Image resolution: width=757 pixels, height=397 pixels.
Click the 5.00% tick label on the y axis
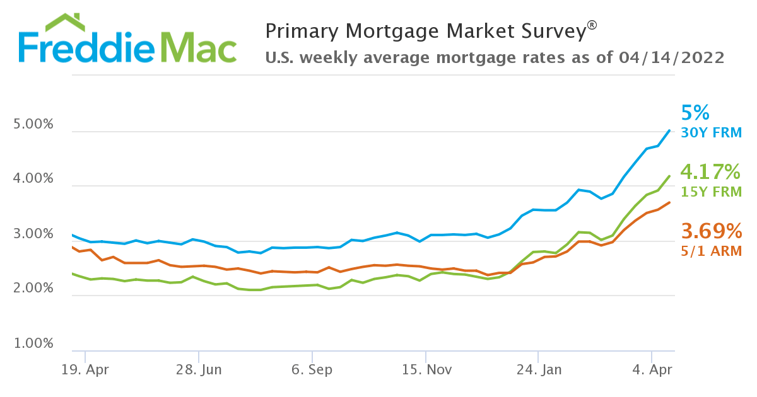pyautogui.click(x=33, y=125)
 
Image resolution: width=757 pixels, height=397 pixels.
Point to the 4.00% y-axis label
pyautogui.click(x=33, y=179)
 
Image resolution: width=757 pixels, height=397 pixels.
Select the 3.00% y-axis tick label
pyautogui.click(x=33, y=234)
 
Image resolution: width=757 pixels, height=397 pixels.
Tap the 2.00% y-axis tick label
pyautogui.click(x=33, y=289)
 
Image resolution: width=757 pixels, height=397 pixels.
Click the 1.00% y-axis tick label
pyautogui.click(x=33, y=344)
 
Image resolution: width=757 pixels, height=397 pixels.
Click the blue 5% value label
pyautogui.click(x=695, y=113)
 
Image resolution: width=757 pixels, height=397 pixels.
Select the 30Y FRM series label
pyautogui.click(x=711, y=133)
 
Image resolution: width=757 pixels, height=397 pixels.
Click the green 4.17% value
pyautogui.click(x=710, y=171)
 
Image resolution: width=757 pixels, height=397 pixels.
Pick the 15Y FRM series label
pyautogui.click(x=711, y=192)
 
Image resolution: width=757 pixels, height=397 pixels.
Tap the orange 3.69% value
pyautogui.click(x=710, y=231)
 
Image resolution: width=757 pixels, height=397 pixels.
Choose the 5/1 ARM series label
pyautogui.click(x=711, y=251)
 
